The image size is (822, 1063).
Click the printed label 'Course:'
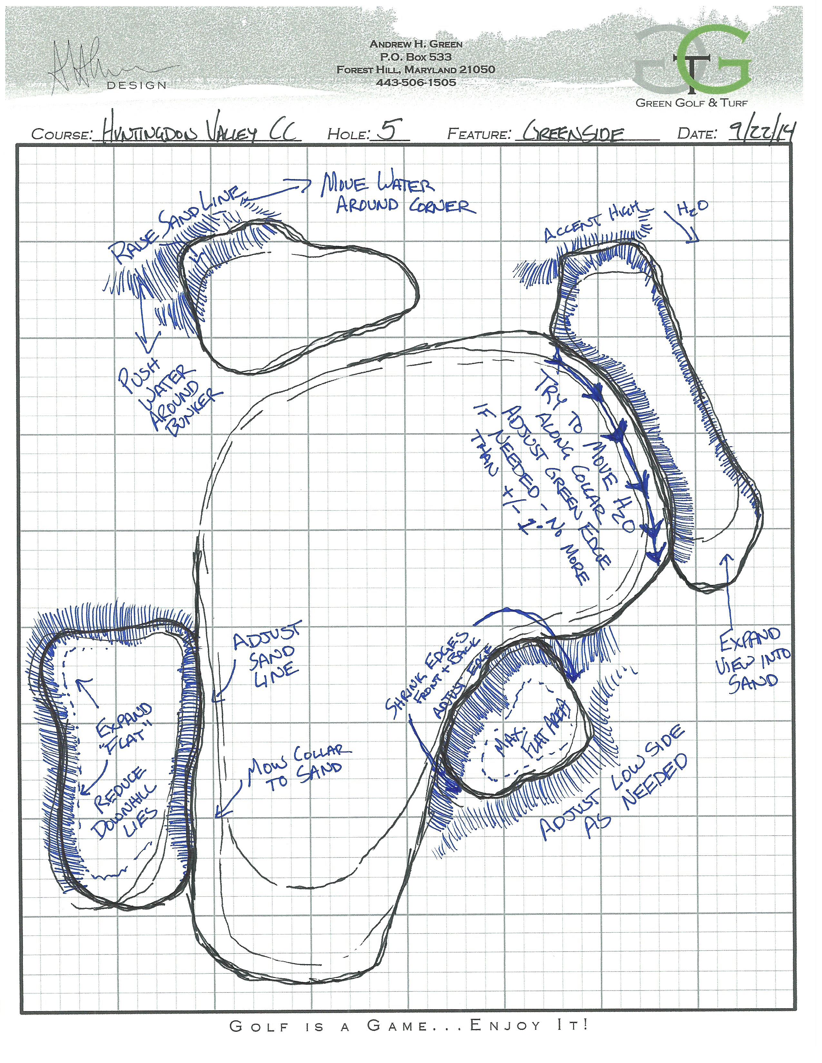pos(62,134)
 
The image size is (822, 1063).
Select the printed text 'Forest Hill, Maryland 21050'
pos(416,70)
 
